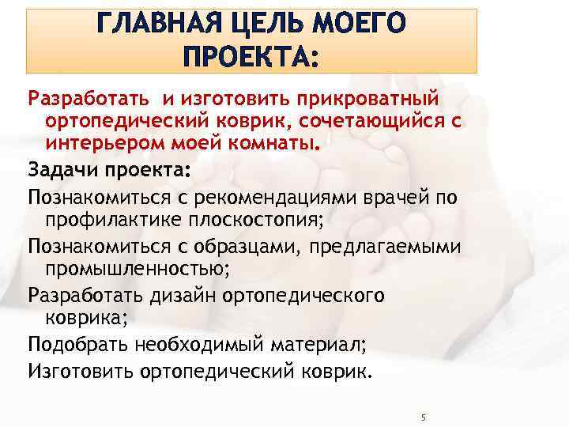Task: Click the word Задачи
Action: pyautogui.click(x=59, y=172)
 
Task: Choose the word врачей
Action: pyautogui.click(x=394, y=197)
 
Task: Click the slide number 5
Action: pyautogui.click(x=424, y=416)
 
